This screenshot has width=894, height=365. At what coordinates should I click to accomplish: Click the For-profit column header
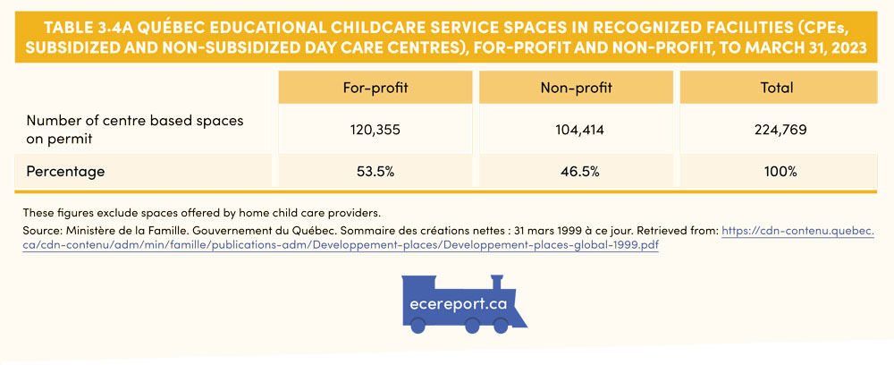tap(375, 88)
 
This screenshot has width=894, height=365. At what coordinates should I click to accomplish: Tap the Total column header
tap(776, 88)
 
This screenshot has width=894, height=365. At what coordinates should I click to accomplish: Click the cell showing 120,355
tap(375, 130)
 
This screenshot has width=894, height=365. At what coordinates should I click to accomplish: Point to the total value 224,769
tap(776, 130)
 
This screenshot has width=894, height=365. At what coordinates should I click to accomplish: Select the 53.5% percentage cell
tap(375, 171)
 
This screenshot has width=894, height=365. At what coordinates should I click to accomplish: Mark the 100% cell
tap(776, 171)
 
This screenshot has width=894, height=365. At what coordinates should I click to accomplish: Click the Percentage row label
tap(65, 171)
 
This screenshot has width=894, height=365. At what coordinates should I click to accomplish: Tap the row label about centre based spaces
tap(134, 130)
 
